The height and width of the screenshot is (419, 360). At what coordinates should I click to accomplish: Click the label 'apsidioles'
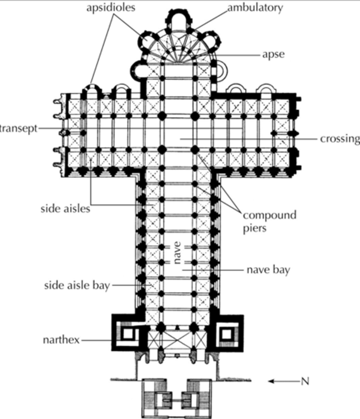(x=111, y=8)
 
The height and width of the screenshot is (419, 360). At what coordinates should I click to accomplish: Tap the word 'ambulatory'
(x=255, y=8)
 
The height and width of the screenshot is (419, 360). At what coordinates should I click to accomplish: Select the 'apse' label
(x=273, y=54)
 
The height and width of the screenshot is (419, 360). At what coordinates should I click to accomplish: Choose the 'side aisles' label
(x=65, y=209)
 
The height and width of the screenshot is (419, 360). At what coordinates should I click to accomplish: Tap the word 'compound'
(x=269, y=215)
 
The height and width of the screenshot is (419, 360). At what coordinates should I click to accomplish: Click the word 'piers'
(x=255, y=228)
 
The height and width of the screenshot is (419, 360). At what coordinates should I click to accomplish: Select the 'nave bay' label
(x=268, y=270)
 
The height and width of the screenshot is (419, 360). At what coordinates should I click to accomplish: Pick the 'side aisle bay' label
(x=77, y=285)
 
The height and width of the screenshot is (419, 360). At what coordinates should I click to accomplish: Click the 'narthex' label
(x=61, y=339)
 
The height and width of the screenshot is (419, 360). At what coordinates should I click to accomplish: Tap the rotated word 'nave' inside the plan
(x=177, y=252)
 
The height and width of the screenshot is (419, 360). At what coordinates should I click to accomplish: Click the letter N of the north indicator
(x=305, y=381)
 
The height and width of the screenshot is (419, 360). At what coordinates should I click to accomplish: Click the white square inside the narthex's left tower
(x=128, y=334)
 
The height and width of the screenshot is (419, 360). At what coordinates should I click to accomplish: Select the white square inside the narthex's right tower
(x=227, y=334)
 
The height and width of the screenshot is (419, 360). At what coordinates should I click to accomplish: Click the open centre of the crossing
(x=178, y=133)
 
